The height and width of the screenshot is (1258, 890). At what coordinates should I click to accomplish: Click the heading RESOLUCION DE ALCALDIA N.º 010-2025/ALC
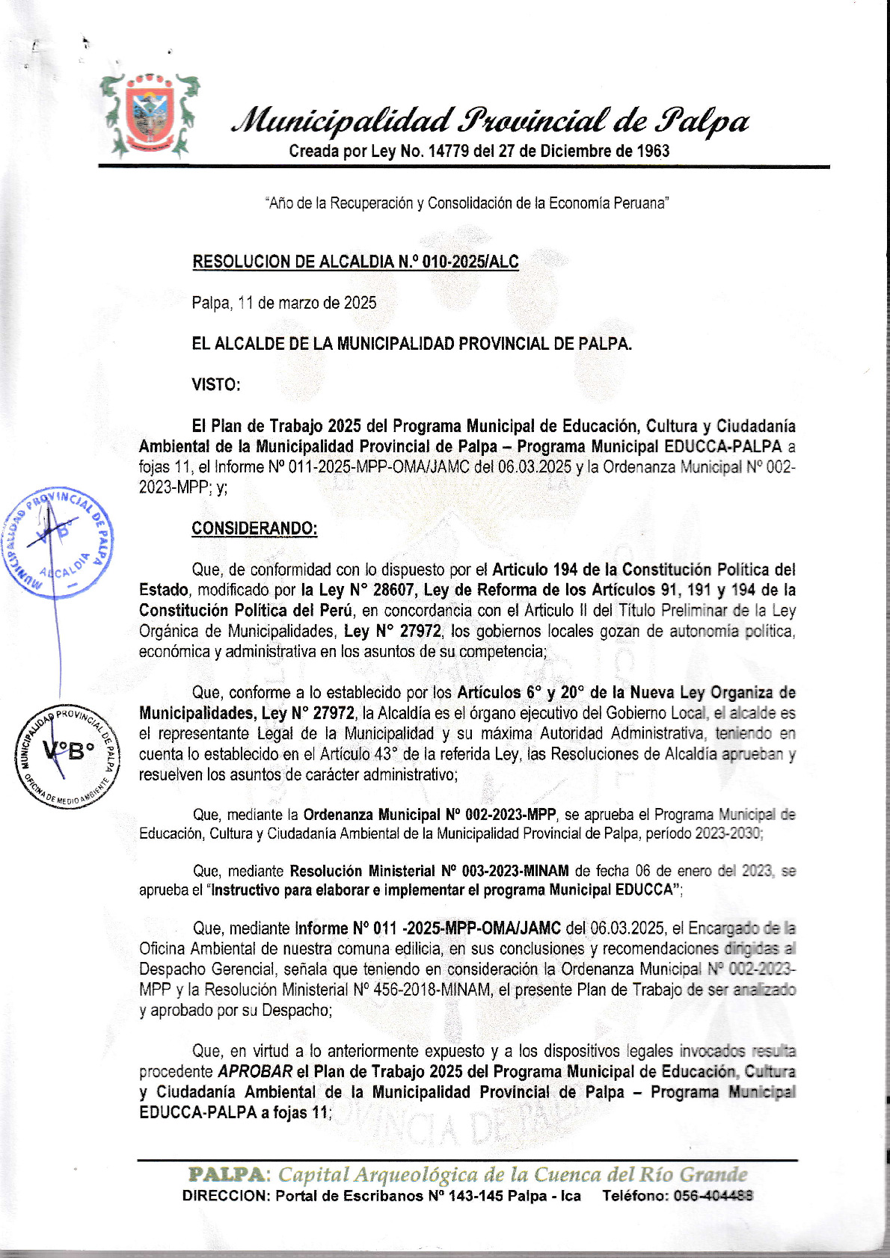pos(355,262)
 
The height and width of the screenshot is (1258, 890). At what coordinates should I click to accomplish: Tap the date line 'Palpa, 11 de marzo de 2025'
pos(283,303)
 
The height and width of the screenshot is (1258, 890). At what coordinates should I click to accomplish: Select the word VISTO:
pos(216,385)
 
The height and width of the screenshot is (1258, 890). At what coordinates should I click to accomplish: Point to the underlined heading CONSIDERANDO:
pos(254,528)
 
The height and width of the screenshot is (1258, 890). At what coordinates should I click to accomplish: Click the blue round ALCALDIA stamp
pos(58,542)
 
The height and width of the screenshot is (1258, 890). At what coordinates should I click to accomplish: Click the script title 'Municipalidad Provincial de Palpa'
pos(491,120)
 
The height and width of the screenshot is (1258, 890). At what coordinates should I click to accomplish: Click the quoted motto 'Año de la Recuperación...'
pos(467,203)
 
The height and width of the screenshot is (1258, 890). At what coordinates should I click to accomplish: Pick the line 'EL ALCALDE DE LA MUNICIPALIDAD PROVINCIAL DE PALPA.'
pos(411,344)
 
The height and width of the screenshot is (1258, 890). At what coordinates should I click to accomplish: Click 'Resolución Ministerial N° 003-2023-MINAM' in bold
pos(429,871)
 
